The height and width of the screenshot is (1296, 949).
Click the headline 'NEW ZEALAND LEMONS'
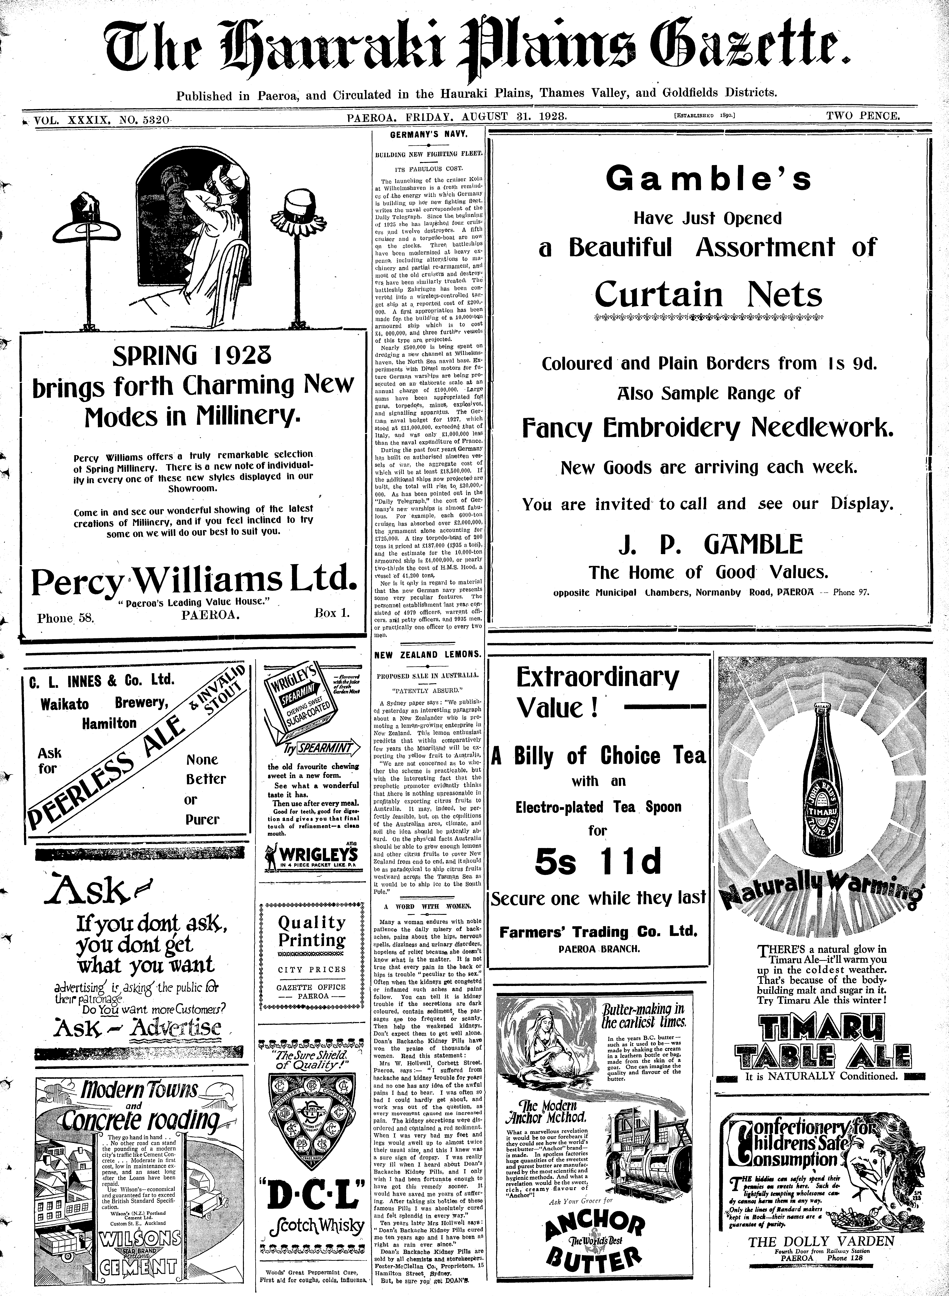[428, 654]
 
